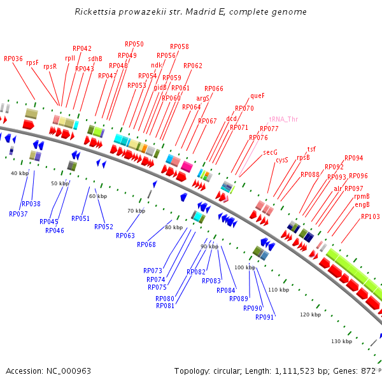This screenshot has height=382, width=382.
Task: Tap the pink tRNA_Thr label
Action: coord(283,119)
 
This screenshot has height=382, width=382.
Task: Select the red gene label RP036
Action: coord(13,59)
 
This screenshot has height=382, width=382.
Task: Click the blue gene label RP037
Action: coord(18,214)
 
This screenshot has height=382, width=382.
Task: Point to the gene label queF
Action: coord(257,96)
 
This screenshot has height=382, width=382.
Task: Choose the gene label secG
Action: coord(270,153)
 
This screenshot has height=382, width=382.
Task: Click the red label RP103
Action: coord(370,216)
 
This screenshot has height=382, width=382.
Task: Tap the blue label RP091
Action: coord(264,317)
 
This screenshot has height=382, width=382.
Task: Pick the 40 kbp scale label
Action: coord(20,173)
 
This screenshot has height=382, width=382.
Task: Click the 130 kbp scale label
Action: coord(342,341)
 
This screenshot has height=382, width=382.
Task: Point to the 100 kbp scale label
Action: coord(244,267)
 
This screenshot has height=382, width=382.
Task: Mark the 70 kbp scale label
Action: coord(136,211)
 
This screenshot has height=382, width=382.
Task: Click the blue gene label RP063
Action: coord(125,236)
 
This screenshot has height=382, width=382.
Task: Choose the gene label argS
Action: coord(202,98)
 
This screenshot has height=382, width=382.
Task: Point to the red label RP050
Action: coord(134,45)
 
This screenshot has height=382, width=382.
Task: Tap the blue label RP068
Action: coord(146,244)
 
